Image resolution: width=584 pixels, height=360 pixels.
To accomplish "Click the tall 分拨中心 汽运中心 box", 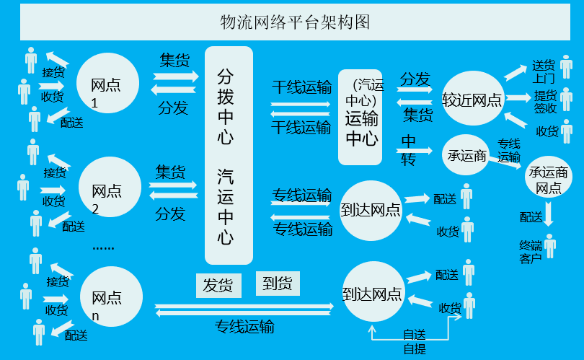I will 229,155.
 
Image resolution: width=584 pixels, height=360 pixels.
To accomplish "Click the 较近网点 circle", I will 472,100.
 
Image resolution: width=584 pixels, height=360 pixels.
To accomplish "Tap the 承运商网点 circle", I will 548,180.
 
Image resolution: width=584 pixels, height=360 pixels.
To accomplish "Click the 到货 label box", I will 278,284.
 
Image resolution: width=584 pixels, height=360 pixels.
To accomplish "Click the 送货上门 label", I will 544,71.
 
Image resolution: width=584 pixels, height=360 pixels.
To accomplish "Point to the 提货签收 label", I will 545,102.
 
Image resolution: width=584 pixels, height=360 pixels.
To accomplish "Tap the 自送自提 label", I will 414,341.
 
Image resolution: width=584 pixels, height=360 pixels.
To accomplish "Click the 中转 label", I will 408,149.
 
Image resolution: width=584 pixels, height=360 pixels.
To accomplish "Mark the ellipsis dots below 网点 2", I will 103,247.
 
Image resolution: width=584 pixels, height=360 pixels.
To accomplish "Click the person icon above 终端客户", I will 551,245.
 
